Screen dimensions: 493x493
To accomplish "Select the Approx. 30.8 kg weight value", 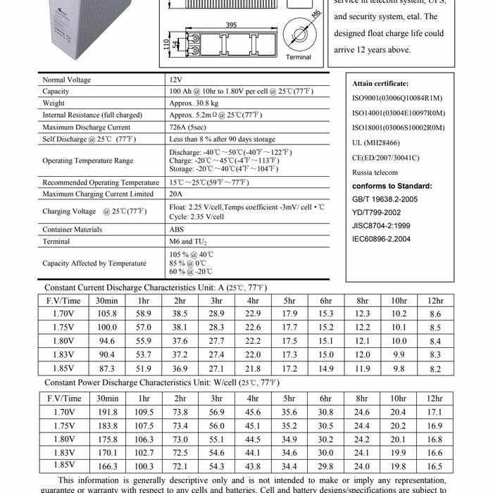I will tap(194, 103).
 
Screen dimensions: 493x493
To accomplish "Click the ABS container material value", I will tap(176, 230).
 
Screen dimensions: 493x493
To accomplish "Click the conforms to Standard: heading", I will tap(392, 186).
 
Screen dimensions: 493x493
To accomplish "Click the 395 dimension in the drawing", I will tap(230, 25).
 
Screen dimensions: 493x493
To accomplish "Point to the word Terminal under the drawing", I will tap(298, 57).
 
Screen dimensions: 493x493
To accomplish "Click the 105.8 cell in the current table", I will tap(107, 313).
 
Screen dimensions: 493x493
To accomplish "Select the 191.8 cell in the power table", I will tap(107, 411).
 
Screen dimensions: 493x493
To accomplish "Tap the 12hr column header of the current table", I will tap(435, 300).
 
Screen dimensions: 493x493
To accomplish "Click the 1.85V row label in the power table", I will tap(63, 465).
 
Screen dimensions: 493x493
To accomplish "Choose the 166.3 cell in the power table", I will tap(107, 466).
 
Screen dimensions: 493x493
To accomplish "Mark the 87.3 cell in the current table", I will tap(107, 368).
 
